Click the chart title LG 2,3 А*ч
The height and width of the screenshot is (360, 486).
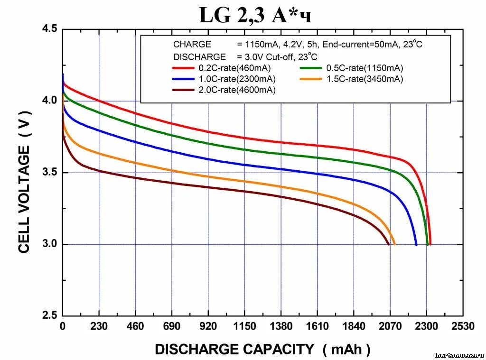click(x=255, y=16)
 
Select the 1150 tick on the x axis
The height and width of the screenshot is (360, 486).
click(x=244, y=326)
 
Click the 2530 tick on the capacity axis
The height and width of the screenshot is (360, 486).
click(x=463, y=326)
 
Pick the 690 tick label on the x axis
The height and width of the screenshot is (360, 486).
click(x=172, y=326)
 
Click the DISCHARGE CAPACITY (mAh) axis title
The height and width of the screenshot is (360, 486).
click(x=262, y=350)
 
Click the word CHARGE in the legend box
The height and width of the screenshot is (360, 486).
click(x=192, y=44)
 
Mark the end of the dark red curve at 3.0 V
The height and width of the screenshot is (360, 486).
click(x=389, y=244)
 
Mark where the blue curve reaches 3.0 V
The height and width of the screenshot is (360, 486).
click(x=416, y=245)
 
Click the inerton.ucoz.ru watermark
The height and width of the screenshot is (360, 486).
click(x=458, y=355)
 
